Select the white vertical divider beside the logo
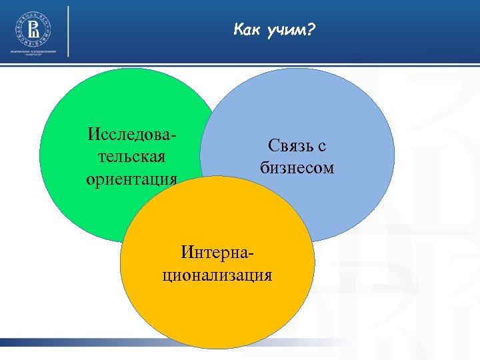68,31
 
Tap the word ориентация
132,179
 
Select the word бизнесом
297,167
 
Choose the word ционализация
217,275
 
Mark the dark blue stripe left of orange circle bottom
60,342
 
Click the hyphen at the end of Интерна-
253,254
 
